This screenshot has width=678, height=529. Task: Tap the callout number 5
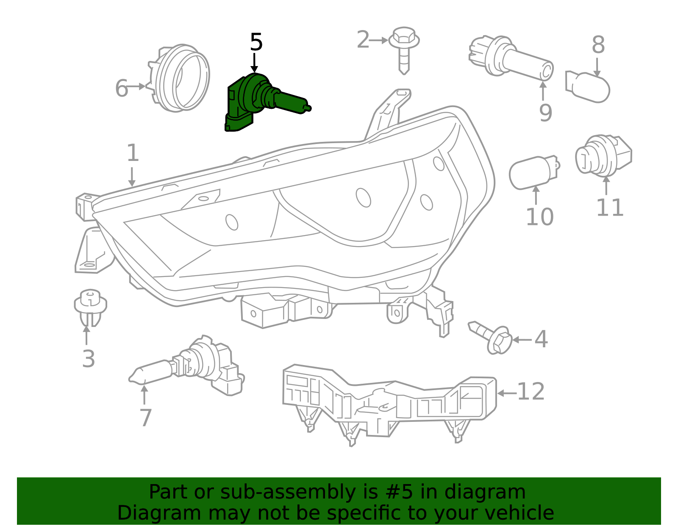256,42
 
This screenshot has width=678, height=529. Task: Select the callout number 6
122,89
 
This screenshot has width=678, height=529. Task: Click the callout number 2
363,40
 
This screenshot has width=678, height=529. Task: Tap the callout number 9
545,113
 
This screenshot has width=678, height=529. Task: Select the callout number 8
598,44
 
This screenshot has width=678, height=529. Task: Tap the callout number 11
610,208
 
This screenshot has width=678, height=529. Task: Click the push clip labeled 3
90,307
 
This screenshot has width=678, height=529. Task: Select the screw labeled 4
492,337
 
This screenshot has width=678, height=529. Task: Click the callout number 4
541,339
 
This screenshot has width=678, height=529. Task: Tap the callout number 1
133,153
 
